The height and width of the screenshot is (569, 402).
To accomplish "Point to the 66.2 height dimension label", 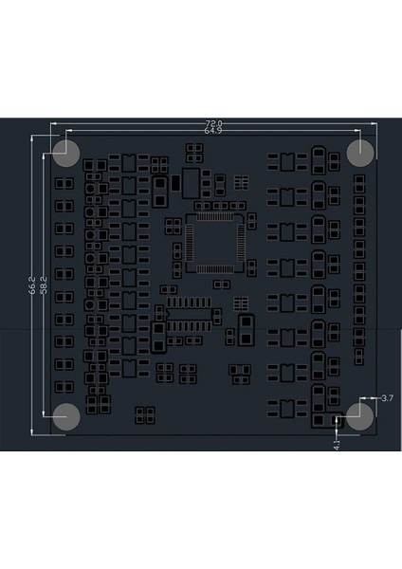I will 33,284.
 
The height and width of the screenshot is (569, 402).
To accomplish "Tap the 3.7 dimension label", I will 386,399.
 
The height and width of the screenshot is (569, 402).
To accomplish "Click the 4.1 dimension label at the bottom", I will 337,442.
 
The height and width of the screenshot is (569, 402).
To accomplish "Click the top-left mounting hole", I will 66,152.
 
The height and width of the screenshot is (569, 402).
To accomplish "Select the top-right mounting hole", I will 360,152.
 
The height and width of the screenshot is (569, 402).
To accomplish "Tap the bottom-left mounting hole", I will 66,415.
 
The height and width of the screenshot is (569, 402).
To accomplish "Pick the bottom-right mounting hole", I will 360,415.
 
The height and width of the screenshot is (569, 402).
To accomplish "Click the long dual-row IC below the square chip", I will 188,315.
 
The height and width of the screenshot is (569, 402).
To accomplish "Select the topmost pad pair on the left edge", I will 64,183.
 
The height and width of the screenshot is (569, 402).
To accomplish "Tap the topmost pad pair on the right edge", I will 360,180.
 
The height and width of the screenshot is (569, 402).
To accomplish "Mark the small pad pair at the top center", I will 196,152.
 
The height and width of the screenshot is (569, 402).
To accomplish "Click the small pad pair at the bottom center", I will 144,413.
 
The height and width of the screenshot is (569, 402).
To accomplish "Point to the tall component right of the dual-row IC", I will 245,329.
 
